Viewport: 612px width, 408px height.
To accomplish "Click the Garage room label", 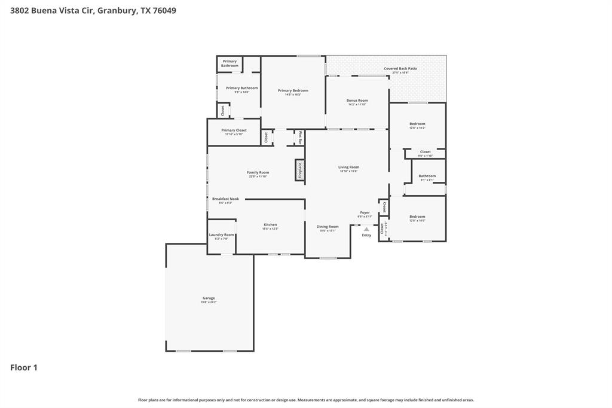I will pyautogui.click(x=208, y=298).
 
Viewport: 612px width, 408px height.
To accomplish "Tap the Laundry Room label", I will pyautogui.click(x=221, y=235).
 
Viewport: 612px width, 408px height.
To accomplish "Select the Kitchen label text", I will pyautogui.click(x=270, y=225).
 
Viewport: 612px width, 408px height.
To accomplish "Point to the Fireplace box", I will pyautogui.click(x=300, y=170).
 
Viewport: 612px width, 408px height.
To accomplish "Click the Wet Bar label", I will pyautogui.click(x=300, y=137).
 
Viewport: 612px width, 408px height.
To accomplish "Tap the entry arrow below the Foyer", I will pyautogui.click(x=366, y=229).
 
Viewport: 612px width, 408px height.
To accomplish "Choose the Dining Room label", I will pyautogui.click(x=328, y=227).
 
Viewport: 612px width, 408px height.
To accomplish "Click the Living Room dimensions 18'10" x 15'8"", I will pyautogui.click(x=348, y=171).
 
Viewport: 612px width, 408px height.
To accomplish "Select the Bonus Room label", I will pyautogui.click(x=357, y=101).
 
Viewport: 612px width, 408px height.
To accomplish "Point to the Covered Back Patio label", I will pyautogui.click(x=400, y=69).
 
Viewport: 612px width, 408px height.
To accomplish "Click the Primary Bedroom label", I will pyautogui.click(x=293, y=90).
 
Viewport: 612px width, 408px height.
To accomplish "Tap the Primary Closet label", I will pyautogui.click(x=234, y=130).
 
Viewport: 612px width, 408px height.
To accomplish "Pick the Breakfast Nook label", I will pyautogui.click(x=225, y=199).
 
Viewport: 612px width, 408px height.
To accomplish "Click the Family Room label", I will pyautogui.click(x=258, y=172).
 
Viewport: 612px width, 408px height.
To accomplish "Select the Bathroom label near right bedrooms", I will pyautogui.click(x=427, y=176).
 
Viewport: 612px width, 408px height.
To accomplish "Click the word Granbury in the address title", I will pyautogui.click(x=117, y=10).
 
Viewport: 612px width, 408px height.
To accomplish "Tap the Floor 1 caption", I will pyautogui.click(x=24, y=367).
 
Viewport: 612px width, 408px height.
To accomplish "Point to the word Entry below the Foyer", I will pyautogui.click(x=366, y=235).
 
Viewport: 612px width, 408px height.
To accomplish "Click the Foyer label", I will pyautogui.click(x=365, y=212).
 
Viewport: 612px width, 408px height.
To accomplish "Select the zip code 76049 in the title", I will pyautogui.click(x=164, y=10).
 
